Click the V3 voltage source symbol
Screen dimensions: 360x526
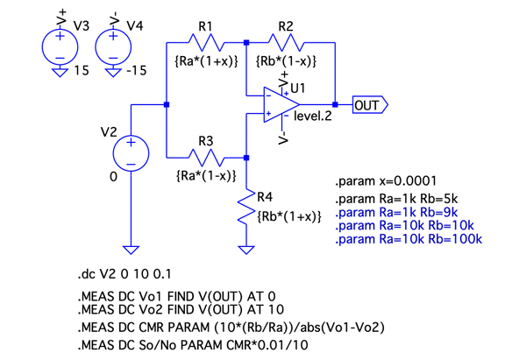60,44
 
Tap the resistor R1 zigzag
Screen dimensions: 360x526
207,41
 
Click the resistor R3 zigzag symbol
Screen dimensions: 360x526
207,158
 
